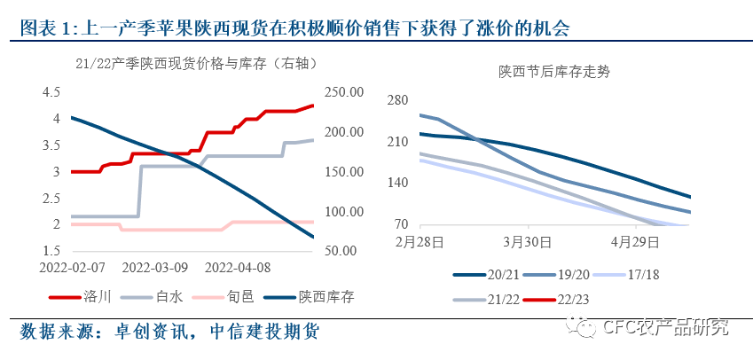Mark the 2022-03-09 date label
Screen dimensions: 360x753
tap(154, 265)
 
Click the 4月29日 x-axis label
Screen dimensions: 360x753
tap(630, 241)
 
